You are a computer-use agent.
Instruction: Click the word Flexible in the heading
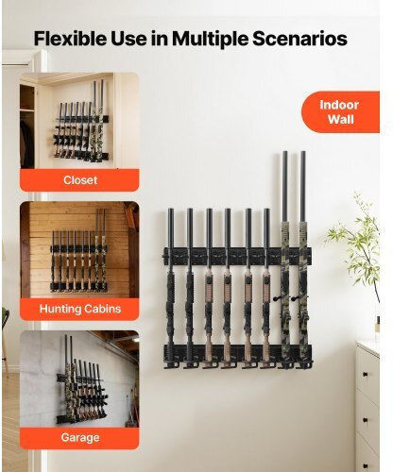70,39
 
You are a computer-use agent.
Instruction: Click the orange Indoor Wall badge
340,112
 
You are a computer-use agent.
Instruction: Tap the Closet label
80,180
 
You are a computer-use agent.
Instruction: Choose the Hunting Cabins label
80,309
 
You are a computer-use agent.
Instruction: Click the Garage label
80,437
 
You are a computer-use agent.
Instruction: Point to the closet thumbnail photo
79,121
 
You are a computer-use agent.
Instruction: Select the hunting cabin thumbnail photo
79,250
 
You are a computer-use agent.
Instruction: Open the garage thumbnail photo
79,379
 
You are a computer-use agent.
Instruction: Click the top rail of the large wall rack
237,256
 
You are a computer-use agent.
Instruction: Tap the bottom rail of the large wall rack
237,353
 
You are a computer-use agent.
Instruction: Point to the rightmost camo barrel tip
302,153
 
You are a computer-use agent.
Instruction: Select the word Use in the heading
128,39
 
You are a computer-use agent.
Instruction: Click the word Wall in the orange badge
341,120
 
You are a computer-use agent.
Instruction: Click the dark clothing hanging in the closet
27,143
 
